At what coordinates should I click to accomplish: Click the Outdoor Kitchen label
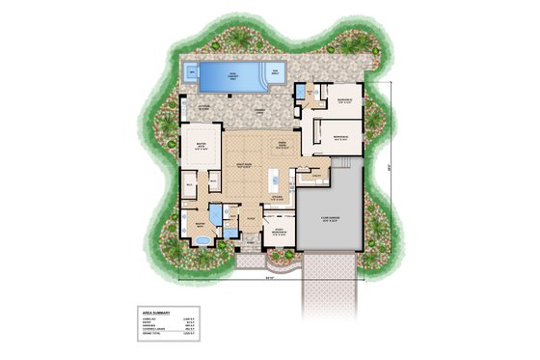point(205,108)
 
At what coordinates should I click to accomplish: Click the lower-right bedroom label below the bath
point(337,138)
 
